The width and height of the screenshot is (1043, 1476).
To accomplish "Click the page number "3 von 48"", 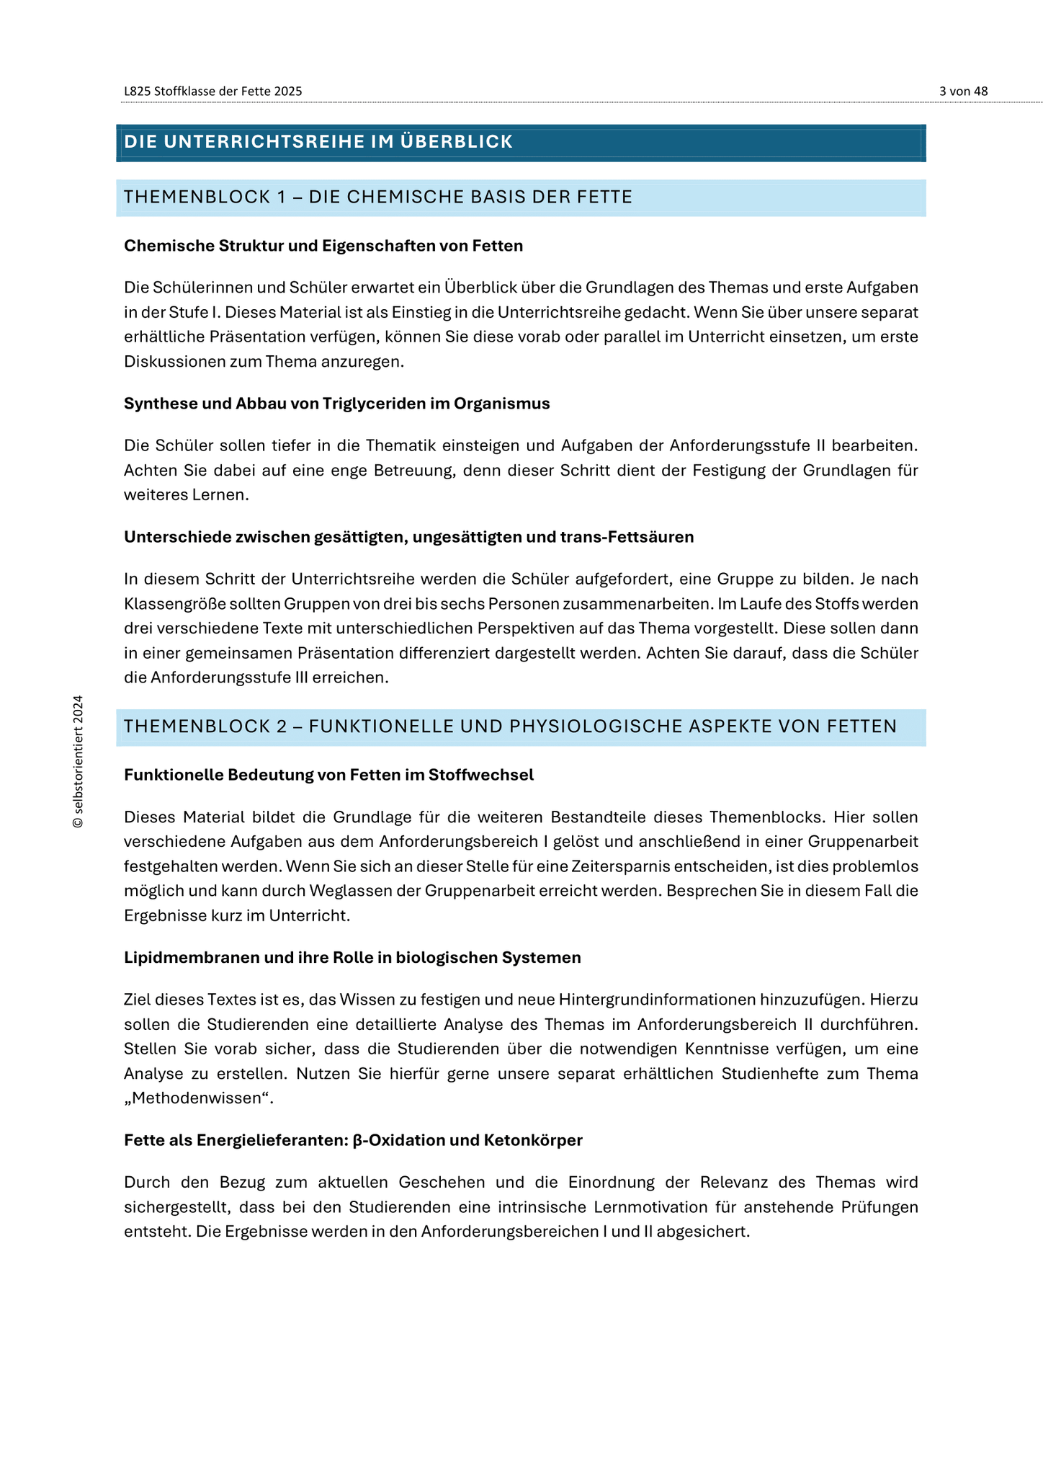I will (x=963, y=92).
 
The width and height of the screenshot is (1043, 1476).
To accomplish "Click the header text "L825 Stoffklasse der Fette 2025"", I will (x=212, y=92).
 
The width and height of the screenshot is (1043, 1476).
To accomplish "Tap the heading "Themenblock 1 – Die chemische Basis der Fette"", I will (x=378, y=197).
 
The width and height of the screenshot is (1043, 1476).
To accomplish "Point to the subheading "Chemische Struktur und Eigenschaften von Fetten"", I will (x=323, y=246).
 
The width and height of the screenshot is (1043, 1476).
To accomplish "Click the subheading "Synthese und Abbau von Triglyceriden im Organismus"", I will (x=336, y=404).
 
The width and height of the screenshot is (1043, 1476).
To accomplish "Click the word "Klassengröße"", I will (x=170, y=604).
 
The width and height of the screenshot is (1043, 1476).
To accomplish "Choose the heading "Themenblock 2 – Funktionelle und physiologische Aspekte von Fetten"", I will (x=510, y=726).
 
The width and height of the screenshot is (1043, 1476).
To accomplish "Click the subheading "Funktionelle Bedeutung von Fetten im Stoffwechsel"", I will (x=328, y=775).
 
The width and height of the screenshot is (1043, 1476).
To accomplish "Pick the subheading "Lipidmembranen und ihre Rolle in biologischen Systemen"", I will (x=352, y=958).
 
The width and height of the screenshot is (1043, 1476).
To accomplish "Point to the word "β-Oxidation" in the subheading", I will (x=395, y=1140).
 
